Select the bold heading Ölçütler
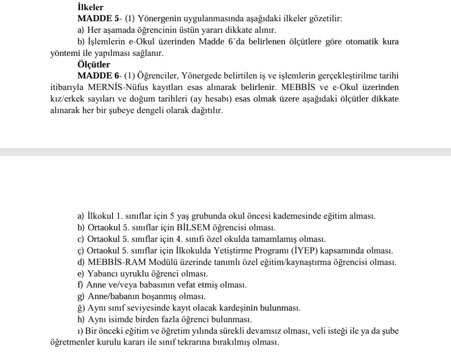coord(94,65)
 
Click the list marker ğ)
coord(80,308)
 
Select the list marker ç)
coord(80,251)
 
